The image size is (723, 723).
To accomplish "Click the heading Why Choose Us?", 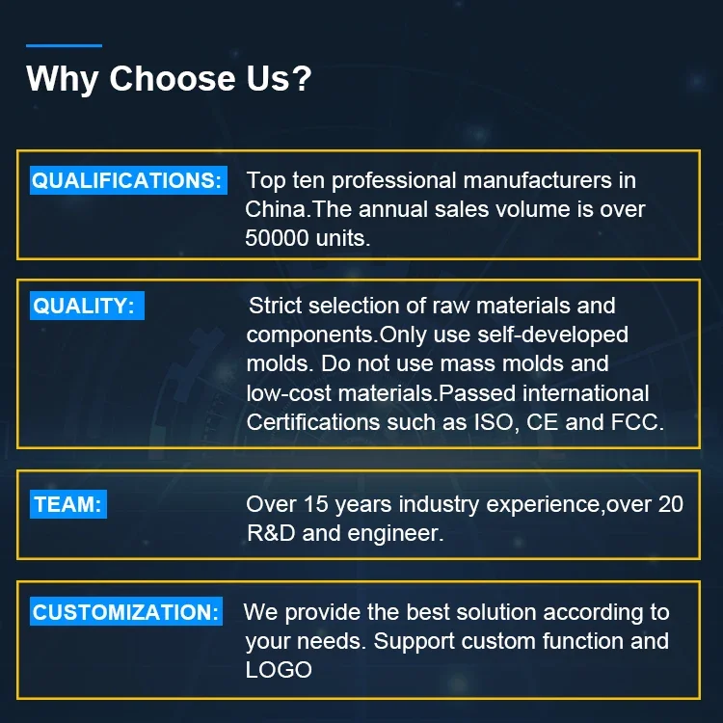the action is (x=169, y=78).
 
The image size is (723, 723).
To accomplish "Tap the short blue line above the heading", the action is (x=64, y=45).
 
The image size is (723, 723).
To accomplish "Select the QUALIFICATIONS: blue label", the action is (x=128, y=180).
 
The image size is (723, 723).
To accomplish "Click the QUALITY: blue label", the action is (x=87, y=306).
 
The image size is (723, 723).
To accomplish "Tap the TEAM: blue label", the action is (x=68, y=504).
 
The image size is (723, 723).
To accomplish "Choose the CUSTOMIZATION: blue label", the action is (x=126, y=611).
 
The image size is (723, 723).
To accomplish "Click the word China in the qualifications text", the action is (x=276, y=209).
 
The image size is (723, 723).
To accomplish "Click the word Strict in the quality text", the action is (x=276, y=306).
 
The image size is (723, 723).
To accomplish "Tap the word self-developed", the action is (x=553, y=335).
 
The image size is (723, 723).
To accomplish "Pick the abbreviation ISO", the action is (x=494, y=422).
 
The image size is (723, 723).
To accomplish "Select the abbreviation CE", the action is (x=542, y=422).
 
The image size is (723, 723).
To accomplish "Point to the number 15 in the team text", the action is (x=316, y=504).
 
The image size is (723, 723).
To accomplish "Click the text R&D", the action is (x=271, y=533).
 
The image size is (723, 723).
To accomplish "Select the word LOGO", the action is (x=279, y=670).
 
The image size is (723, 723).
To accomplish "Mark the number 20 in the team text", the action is (x=670, y=504).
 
